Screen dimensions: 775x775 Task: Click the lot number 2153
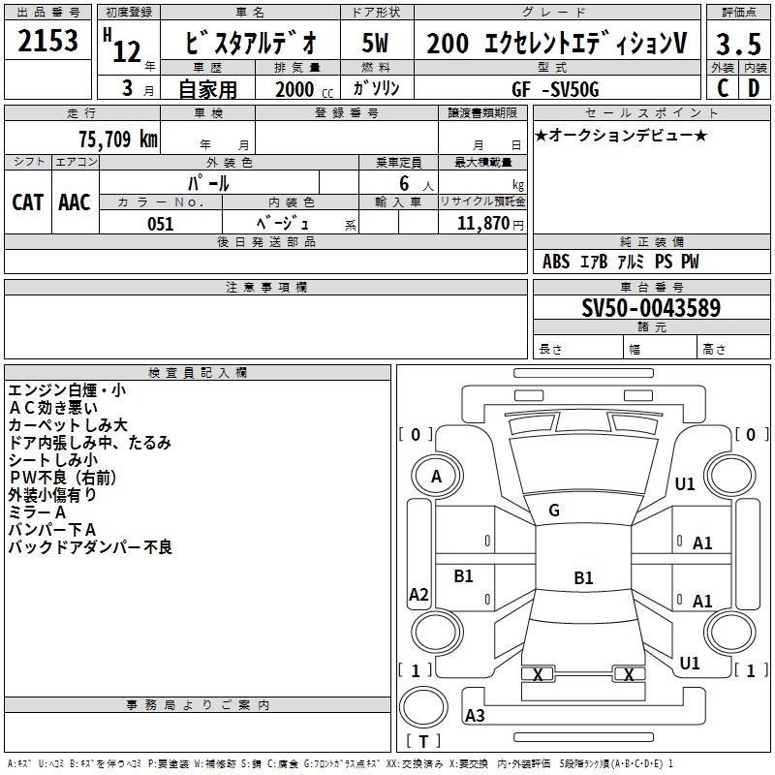(47, 40)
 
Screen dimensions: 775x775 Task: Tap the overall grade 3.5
(738, 44)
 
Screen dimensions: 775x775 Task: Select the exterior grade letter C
(723, 88)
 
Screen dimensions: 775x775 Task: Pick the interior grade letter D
(754, 88)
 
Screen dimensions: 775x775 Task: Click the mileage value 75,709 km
(118, 139)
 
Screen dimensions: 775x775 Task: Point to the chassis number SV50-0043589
(651, 307)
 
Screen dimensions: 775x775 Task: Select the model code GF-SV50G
(555, 89)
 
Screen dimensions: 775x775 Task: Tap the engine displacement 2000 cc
(304, 89)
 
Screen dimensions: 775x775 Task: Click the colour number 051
(160, 224)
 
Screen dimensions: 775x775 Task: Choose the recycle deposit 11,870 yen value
(490, 224)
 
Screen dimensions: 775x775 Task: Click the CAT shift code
(28, 202)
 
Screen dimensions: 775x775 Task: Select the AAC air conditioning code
(75, 202)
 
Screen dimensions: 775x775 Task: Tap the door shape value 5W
(375, 43)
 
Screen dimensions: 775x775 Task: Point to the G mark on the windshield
(554, 511)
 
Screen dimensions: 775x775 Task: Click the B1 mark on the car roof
(583, 577)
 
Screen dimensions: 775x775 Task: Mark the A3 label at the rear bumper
(475, 715)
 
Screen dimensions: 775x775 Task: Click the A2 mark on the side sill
(418, 594)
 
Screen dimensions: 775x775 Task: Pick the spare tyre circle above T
(423, 707)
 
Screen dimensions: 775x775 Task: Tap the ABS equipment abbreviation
(556, 262)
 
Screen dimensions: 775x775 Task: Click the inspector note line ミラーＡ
(37, 512)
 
